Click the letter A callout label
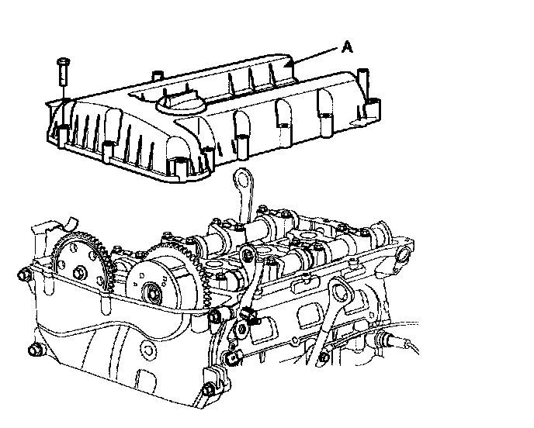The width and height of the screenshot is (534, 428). point(347,47)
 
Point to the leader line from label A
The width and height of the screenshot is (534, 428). point(315,56)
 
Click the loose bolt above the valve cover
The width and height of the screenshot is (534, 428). point(64,72)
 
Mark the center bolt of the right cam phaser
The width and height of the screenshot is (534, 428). point(152,292)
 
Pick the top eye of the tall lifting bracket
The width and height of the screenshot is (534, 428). point(243,179)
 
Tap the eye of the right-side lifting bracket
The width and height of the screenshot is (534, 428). point(339,292)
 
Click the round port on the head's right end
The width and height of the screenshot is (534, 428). point(404,255)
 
